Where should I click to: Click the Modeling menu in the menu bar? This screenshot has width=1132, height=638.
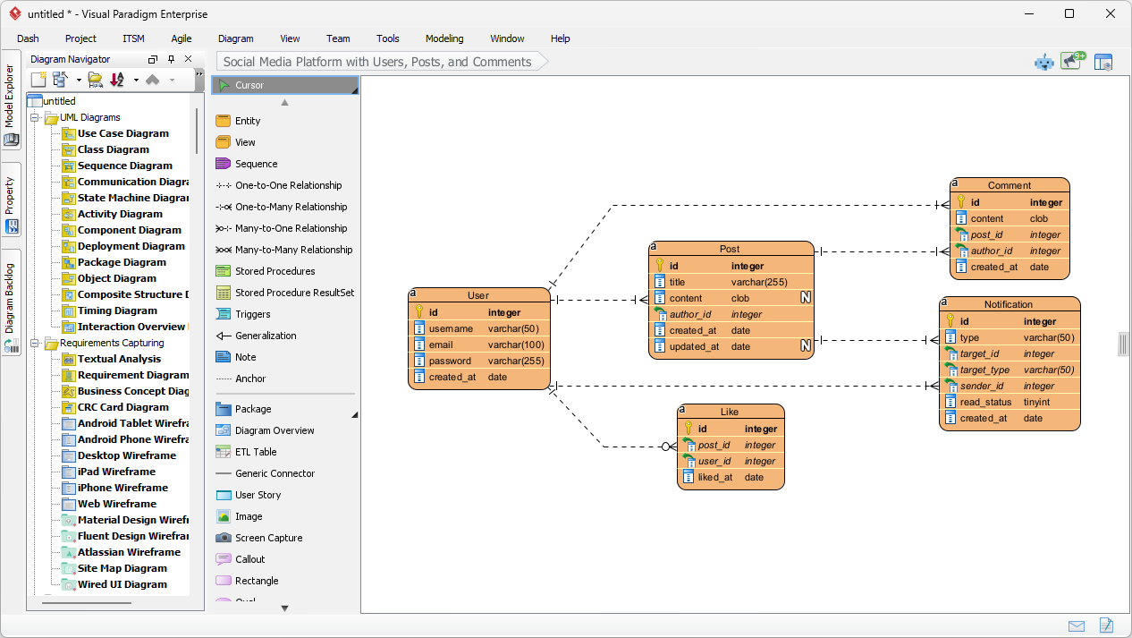pos(444,38)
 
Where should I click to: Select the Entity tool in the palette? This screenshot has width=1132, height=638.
pos(247,121)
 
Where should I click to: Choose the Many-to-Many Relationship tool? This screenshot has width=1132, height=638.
pos(293,250)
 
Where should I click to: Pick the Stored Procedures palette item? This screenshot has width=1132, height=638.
pos(275,271)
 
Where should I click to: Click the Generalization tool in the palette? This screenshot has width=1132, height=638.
pos(265,336)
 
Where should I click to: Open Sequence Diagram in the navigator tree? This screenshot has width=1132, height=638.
pos(124,166)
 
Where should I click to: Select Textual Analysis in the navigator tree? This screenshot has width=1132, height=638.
pos(119,359)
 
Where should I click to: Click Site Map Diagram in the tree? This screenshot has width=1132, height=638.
pos(122,568)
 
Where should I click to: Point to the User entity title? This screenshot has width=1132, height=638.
pos(478,295)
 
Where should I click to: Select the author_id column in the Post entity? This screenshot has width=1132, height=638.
pos(690,314)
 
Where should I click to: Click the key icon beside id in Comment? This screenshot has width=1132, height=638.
pos(961,202)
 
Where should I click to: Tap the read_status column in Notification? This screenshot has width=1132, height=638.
pos(985,402)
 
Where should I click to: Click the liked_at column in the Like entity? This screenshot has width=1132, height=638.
pos(715,477)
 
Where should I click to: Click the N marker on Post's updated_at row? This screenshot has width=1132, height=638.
pos(806,346)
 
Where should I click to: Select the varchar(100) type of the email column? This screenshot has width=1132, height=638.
pos(516,345)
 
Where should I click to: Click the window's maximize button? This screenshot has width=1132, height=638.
pos(1069,13)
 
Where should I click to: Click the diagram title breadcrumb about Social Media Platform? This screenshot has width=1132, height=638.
pos(377,62)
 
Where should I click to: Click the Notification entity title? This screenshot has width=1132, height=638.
pos(1009,304)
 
